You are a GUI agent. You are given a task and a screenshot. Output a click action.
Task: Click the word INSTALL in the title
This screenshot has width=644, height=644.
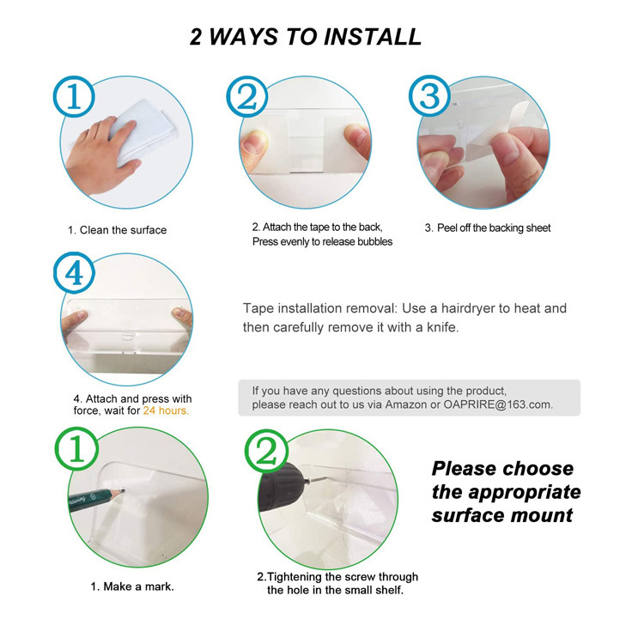pyautogui.click(x=373, y=37)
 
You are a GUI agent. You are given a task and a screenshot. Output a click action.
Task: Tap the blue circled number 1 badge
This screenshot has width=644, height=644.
pyautogui.click(x=74, y=96)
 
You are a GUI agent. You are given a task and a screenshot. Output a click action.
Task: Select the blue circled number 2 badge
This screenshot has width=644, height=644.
pyautogui.click(x=246, y=97)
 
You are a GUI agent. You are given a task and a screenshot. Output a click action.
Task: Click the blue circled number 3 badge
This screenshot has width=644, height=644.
pyautogui.click(x=429, y=95)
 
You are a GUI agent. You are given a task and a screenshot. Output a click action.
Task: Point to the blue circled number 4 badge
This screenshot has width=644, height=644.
pyautogui.click(x=74, y=273)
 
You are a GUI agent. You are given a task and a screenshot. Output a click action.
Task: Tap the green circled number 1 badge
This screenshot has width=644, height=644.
pyautogui.click(x=76, y=448)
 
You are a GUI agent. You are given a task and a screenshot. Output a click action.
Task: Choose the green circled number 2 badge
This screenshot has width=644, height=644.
pyautogui.click(x=266, y=451)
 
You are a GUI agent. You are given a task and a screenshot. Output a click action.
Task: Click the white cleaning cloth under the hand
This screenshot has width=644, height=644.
pyautogui.click(x=143, y=131)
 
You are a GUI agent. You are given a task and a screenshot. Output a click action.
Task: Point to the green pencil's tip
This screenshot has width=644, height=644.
pyautogui.click(x=123, y=489)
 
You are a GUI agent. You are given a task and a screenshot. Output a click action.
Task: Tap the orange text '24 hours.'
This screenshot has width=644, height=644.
pyautogui.click(x=166, y=410)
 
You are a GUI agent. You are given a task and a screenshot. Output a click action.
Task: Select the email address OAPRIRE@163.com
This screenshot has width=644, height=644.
pyautogui.click(x=498, y=404)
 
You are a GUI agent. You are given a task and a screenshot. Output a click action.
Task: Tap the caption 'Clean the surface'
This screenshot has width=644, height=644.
pyautogui.click(x=123, y=230)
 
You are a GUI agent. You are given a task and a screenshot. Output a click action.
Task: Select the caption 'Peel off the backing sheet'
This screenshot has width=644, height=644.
pyautogui.click(x=494, y=228)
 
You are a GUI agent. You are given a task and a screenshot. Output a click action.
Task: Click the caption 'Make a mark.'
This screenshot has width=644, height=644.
pyautogui.click(x=138, y=586)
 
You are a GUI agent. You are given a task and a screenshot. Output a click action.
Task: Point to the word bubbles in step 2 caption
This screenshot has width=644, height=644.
pyautogui.click(x=374, y=241)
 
